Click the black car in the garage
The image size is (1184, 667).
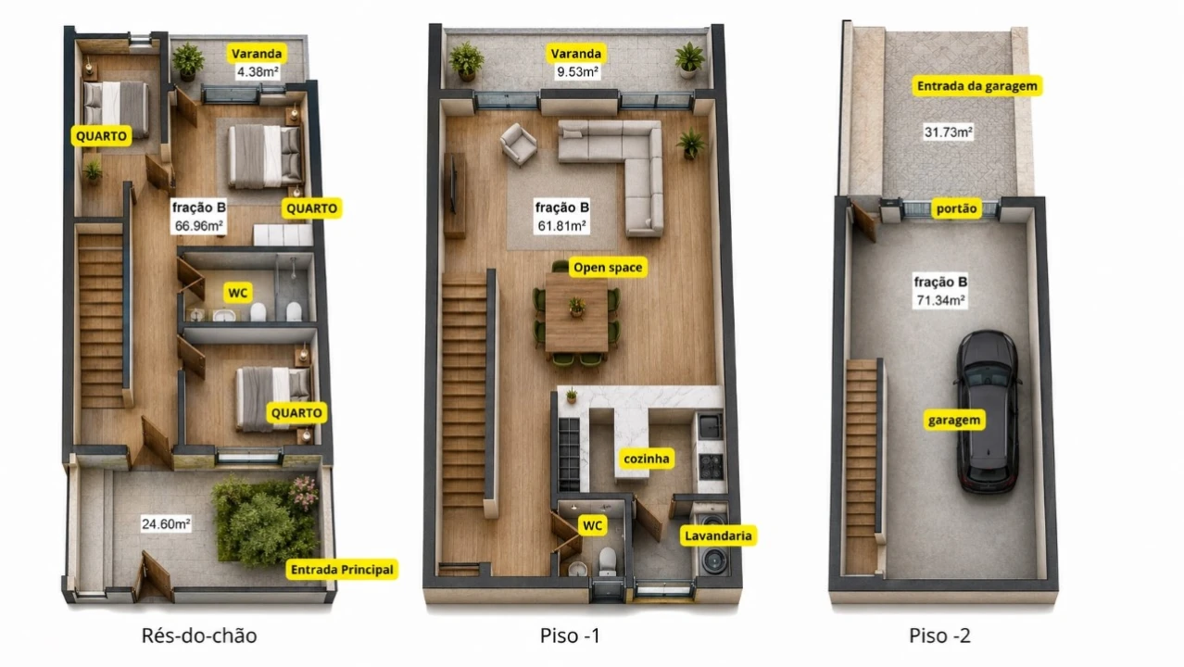point(988,411)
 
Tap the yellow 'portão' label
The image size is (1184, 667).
point(956,208)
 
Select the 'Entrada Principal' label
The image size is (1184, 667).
point(342,570)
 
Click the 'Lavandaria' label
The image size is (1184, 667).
point(718,536)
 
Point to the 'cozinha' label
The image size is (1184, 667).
point(647,459)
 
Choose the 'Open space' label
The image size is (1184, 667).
point(608,268)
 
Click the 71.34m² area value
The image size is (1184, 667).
point(941,300)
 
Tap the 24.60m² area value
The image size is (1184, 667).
point(166,523)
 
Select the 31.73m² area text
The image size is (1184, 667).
point(949,132)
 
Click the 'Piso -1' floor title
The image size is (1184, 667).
point(570,636)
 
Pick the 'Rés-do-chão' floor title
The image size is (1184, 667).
point(199,636)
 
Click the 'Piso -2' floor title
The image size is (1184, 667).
point(939,636)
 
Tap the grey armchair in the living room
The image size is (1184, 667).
point(519,145)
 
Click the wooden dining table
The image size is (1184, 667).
point(576,312)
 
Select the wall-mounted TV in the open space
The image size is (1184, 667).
point(452,183)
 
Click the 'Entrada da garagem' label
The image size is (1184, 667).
point(977,85)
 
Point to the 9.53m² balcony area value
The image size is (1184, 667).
point(577,71)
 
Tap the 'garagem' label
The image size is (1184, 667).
point(954,420)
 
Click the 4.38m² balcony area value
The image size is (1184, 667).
point(258,71)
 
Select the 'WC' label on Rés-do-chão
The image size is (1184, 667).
point(237,293)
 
